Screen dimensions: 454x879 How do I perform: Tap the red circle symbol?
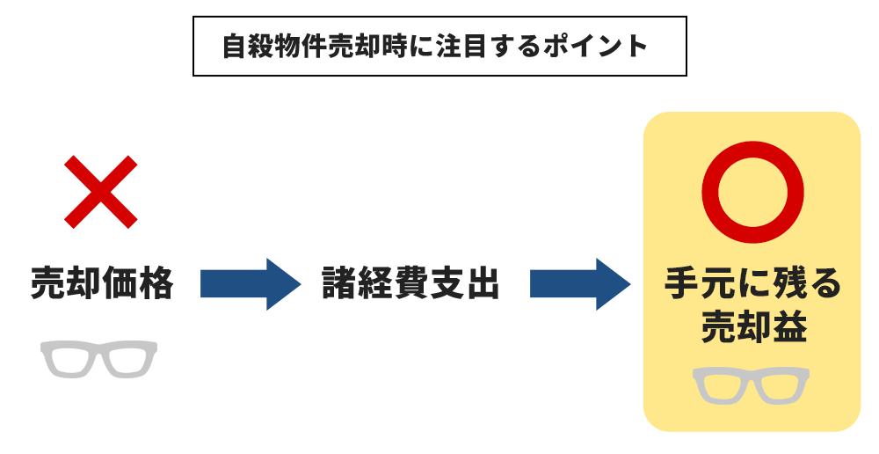click(753, 193)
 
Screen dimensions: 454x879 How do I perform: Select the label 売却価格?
click(102, 284)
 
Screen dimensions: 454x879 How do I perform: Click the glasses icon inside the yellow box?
click(752, 385)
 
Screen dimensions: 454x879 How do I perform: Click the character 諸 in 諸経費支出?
click(340, 284)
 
